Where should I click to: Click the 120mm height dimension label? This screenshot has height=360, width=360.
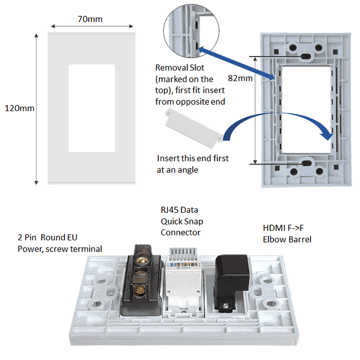click(x=19, y=108)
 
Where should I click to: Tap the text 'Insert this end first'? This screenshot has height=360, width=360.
click(x=193, y=158)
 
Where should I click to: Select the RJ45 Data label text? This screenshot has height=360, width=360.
click(x=179, y=210)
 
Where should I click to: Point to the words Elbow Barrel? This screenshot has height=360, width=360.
click(x=287, y=239)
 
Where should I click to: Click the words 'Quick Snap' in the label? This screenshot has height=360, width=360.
click(x=180, y=221)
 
